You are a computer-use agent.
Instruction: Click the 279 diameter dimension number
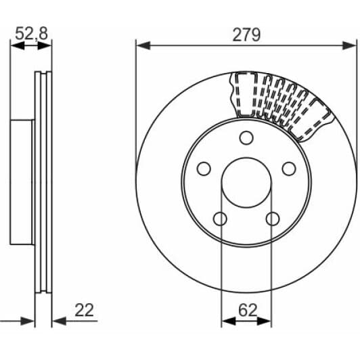[247, 35]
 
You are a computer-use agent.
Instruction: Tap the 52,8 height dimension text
[30, 33]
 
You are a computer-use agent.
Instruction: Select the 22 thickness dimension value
[85, 310]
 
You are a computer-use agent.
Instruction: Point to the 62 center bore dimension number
[248, 310]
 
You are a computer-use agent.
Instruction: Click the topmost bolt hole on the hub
[246, 137]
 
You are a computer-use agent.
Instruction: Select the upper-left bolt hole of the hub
[202, 169]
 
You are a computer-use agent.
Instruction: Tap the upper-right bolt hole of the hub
[290, 169]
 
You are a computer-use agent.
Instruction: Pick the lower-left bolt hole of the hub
[220, 219]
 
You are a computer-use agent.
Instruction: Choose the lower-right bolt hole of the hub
[273, 219]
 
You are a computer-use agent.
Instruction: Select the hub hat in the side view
[22, 183]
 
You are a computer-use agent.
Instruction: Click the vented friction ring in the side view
[44, 183]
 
